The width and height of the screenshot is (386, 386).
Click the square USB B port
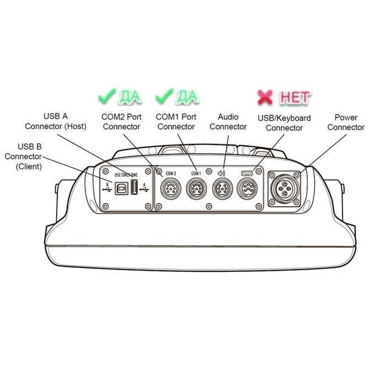coord(120,188)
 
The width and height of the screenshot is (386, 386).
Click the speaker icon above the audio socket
coord(222,173)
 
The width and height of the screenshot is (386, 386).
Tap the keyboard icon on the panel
coord(247,173)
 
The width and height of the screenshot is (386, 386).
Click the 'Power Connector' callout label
coord(346,122)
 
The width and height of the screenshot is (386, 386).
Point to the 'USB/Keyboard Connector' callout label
coord(285,123)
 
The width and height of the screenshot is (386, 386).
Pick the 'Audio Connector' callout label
coord(228,122)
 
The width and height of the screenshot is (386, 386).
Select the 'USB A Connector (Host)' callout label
coord(55,121)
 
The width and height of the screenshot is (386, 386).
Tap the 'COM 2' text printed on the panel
coord(170,173)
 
